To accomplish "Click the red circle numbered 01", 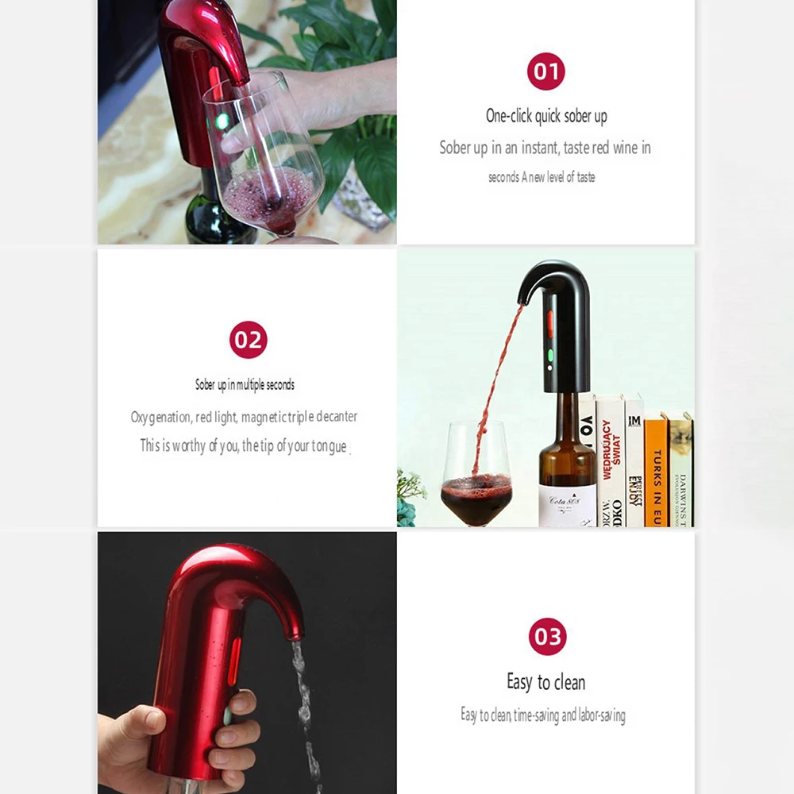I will click(546, 72).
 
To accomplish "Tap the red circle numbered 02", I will click(248, 340).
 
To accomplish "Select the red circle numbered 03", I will click(547, 636).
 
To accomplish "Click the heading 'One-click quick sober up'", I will click(546, 116).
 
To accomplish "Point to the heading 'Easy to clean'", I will click(546, 682).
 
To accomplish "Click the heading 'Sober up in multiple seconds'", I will click(245, 385).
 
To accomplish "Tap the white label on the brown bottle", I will click(566, 505).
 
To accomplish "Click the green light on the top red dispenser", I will click(223, 121).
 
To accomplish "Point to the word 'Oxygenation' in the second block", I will click(160, 417).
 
